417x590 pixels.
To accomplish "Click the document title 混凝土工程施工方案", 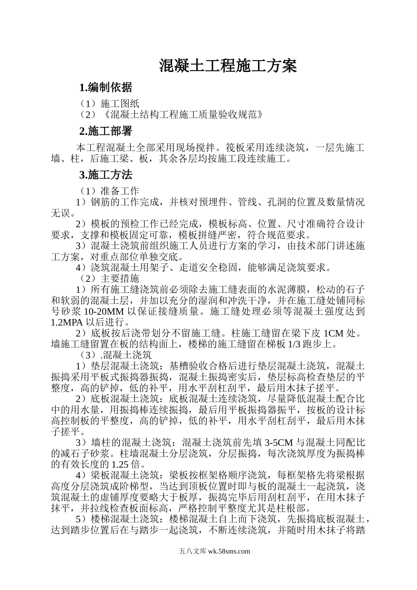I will [228, 66].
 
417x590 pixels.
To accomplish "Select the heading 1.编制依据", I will [105, 87].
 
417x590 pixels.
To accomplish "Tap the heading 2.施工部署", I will [105, 131].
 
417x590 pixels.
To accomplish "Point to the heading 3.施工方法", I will [105, 175].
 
